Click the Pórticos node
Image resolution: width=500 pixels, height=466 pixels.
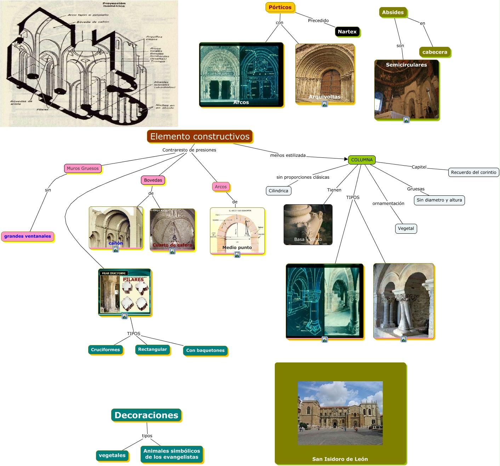[x=280, y=7]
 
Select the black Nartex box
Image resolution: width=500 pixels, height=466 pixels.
[x=347, y=32]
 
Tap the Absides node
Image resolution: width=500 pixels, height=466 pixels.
[x=393, y=12]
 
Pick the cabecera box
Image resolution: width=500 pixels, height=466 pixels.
[x=434, y=52]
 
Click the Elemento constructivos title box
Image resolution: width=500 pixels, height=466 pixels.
[x=200, y=137]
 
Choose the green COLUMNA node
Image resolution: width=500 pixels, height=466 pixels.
[x=362, y=160]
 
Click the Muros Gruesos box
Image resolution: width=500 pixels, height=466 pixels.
[x=83, y=168]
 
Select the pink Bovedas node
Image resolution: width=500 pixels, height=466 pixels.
[x=153, y=180]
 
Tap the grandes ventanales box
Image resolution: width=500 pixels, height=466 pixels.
[x=28, y=236]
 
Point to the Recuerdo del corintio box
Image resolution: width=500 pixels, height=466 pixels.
[x=473, y=172]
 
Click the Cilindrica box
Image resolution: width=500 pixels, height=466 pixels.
[x=278, y=191]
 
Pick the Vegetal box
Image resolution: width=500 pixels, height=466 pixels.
[x=406, y=228]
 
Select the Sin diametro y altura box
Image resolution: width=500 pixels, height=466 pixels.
[x=439, y=200]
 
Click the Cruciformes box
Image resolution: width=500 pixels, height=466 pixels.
[x=105, y=350]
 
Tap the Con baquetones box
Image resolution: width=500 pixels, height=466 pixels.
[x=205, y=350]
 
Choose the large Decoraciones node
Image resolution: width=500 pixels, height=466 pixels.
[x=146, y=415]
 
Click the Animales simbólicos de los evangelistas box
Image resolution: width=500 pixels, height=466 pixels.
[x=172, y=454]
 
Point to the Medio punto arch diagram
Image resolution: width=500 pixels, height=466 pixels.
[x=237, y=231]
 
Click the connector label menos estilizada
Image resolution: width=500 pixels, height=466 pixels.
[x=288, y=155]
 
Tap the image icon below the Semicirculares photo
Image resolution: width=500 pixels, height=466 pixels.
[x=407, y=120]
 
